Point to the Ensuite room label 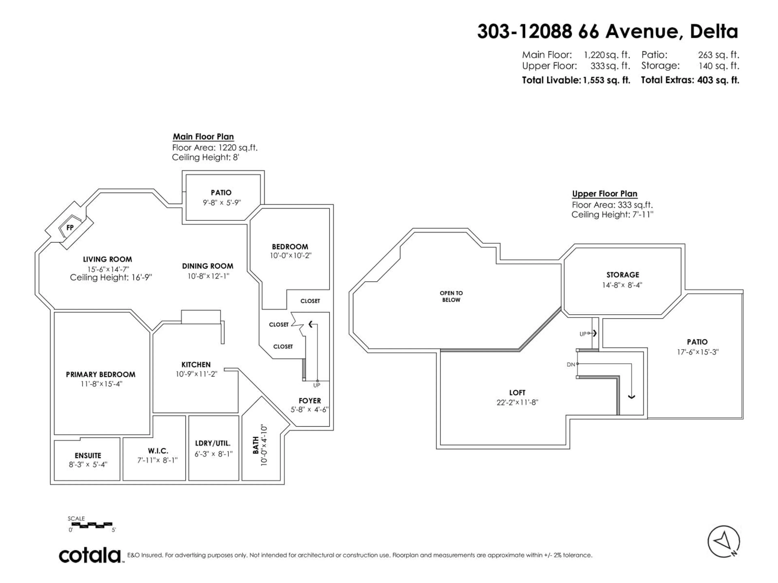click(88, 455)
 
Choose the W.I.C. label click(158, 451)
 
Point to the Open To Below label click(451, 296)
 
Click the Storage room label click(623, 275)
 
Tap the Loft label click(517, 393)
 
